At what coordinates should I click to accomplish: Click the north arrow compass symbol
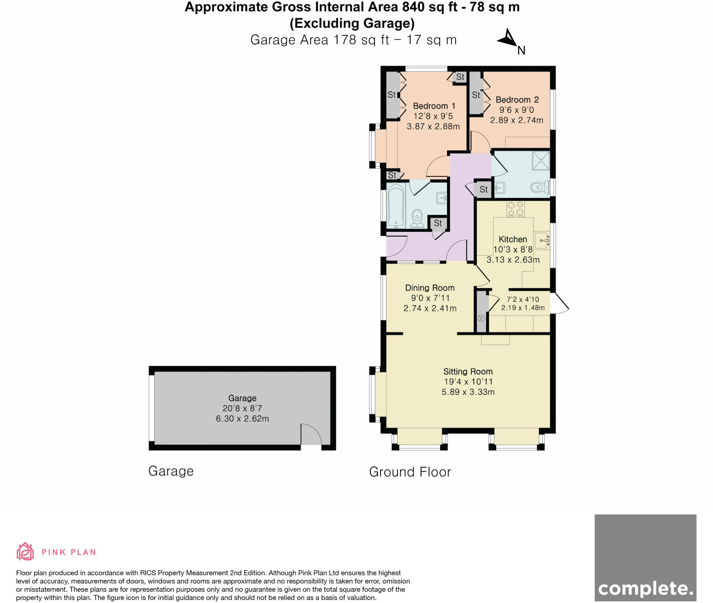pyautogui.click(x=509, y=39)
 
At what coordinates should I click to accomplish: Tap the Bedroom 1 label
pyautogui.click(x=434, y=106)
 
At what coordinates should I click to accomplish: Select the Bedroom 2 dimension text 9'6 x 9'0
pyautogui.click(x=516, y=110)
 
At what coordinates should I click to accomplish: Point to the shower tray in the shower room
pyautogui.click(x=541, y=160)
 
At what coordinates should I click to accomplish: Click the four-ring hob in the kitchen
pyautogui.click(x=516, y=209)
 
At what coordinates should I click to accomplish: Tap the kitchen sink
pyautogui.click(x=542, y=240)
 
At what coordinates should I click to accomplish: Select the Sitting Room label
pyautogui.click(x=468, y=371)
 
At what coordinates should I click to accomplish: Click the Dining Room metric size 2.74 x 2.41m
pyautogui.click(x=430, y=308)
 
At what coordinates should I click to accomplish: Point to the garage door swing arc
pyautogui.click(x=311, y=434)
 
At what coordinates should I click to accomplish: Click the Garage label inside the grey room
pyautogui.click(x=242, y=398)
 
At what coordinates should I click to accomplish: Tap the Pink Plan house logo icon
pyautogui.click(x=25, y=551)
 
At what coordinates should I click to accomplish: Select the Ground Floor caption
pyautogui.click(x=410, y=472)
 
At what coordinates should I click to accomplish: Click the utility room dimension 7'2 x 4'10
pyautogui.click(x=523, y=299)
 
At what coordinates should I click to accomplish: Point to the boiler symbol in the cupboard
pyautogui.click(x=481, y=318)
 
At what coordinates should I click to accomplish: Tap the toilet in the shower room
pyautogui.click(x=539, y=188)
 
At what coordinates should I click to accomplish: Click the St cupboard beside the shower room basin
pyautogui.click(x=484, y=189)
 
